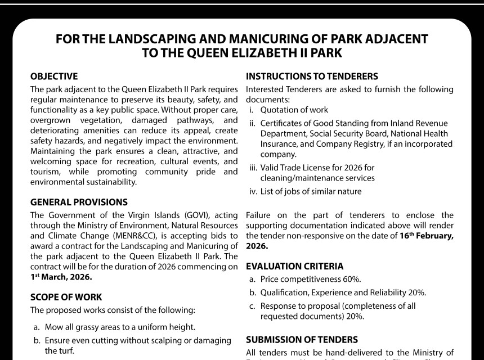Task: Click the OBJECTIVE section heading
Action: coord(54,76)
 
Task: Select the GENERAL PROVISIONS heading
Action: coord(79,202)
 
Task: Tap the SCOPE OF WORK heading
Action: coord(66,296)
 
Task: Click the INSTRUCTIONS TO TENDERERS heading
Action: coord(312,76)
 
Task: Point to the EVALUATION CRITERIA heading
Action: coord(294,266)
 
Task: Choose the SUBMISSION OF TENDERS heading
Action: coord(302,340)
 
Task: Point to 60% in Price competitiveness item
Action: coord(351,280)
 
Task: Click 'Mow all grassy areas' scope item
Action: coord(84,327)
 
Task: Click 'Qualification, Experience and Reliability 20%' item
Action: coord(343,292)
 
